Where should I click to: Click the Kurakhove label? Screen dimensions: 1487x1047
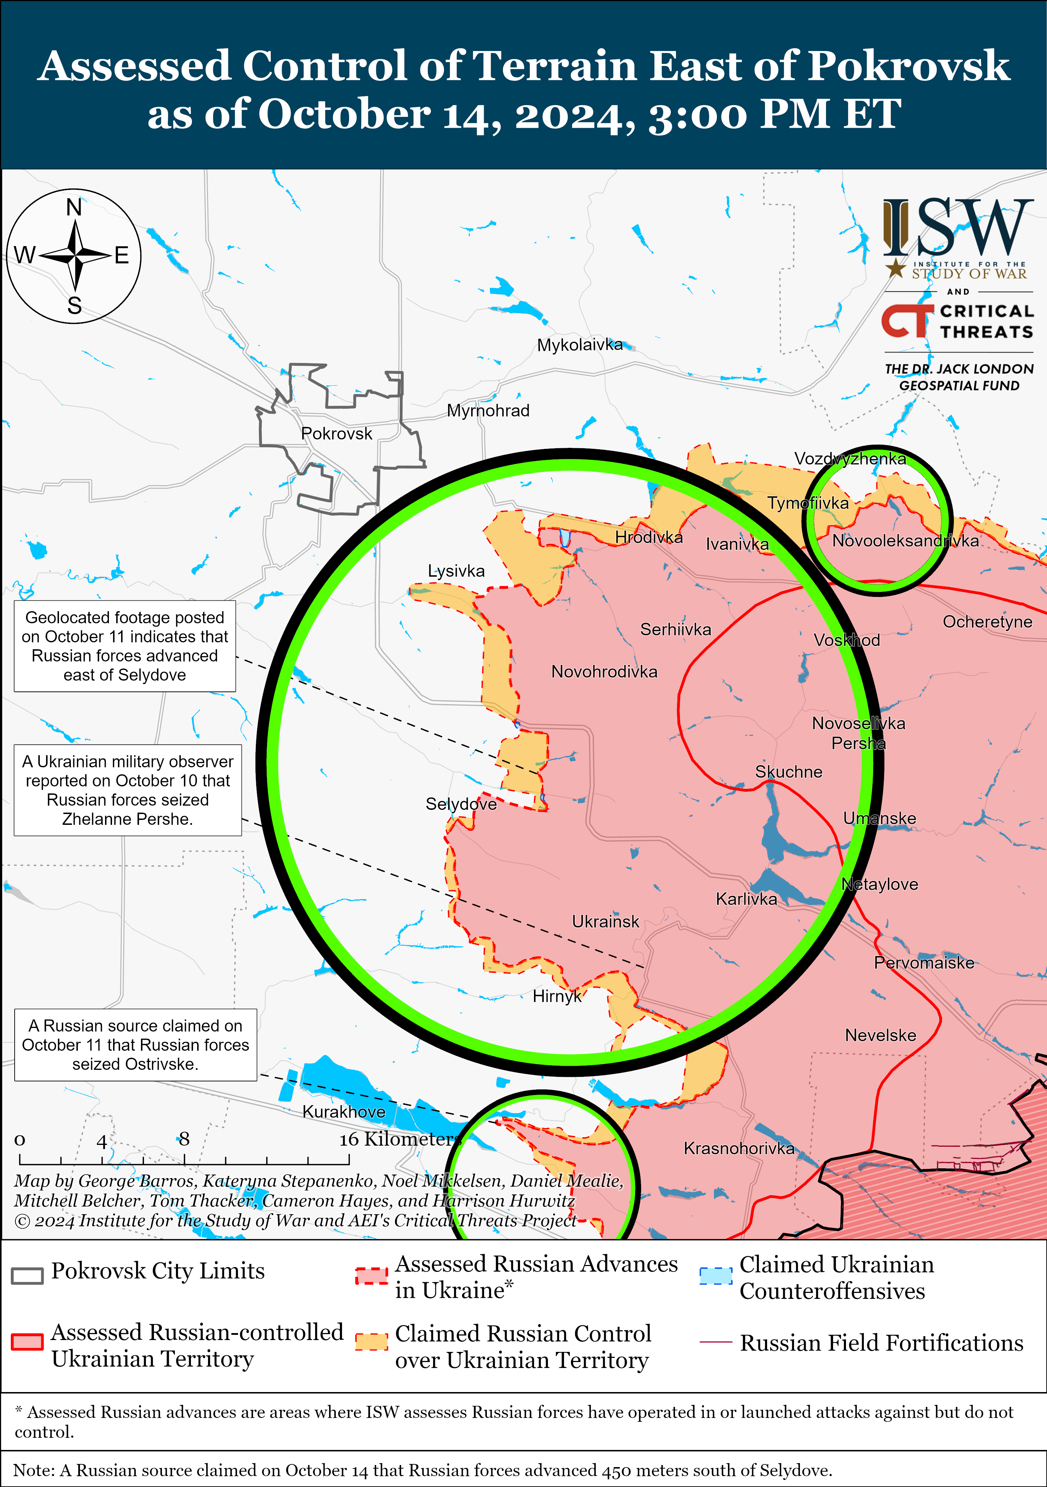click(x=344, y=1111)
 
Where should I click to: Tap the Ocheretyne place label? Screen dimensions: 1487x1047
click(x=987, y=622)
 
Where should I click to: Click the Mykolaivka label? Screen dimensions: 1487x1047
click(x=579, y=345)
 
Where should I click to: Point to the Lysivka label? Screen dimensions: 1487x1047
click(x=456, y=571)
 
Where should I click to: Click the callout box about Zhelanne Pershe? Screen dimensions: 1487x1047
click(x=127, y=790)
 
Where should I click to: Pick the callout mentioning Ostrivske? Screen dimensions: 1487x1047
click(x=135, y=1045)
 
